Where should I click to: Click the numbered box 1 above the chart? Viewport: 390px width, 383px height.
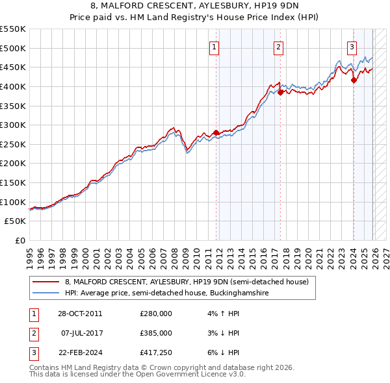[214, 46]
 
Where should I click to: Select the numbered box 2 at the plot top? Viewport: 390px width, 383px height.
[278, 46]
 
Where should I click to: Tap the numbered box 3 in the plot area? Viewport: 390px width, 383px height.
[352, 46]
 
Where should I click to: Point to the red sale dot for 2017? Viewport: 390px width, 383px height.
[280, 92]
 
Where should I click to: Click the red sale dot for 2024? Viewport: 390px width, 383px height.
[354, 80]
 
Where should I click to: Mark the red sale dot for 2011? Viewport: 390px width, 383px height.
[216, 132]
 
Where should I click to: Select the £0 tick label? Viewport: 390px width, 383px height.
[20, 241]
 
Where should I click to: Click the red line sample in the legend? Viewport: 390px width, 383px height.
[46, 282]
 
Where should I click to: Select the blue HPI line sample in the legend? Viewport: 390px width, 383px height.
[46, 293]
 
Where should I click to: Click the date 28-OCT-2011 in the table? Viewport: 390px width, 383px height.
[80, 314]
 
